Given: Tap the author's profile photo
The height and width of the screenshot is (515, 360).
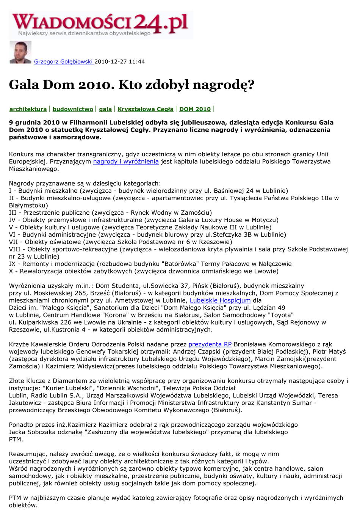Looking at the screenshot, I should [20, 52].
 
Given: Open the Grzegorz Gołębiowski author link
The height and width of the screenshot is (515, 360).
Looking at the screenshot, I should [64, 61].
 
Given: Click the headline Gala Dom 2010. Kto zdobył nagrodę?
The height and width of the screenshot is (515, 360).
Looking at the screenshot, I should [131, 84].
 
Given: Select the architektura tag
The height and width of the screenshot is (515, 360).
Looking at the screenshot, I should [28, 109].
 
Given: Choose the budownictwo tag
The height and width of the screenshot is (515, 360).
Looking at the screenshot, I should [73, 109].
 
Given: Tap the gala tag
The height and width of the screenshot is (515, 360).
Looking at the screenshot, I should [105, 109].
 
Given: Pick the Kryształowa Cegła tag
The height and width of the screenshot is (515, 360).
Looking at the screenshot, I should [146, 109].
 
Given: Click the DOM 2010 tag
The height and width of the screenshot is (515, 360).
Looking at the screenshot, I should [195, 109].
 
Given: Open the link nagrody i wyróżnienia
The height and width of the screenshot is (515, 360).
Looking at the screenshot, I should [126, 162].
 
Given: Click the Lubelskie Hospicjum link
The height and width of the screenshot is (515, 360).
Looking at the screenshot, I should [220, 300].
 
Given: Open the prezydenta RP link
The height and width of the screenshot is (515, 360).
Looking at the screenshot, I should [210, 344].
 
